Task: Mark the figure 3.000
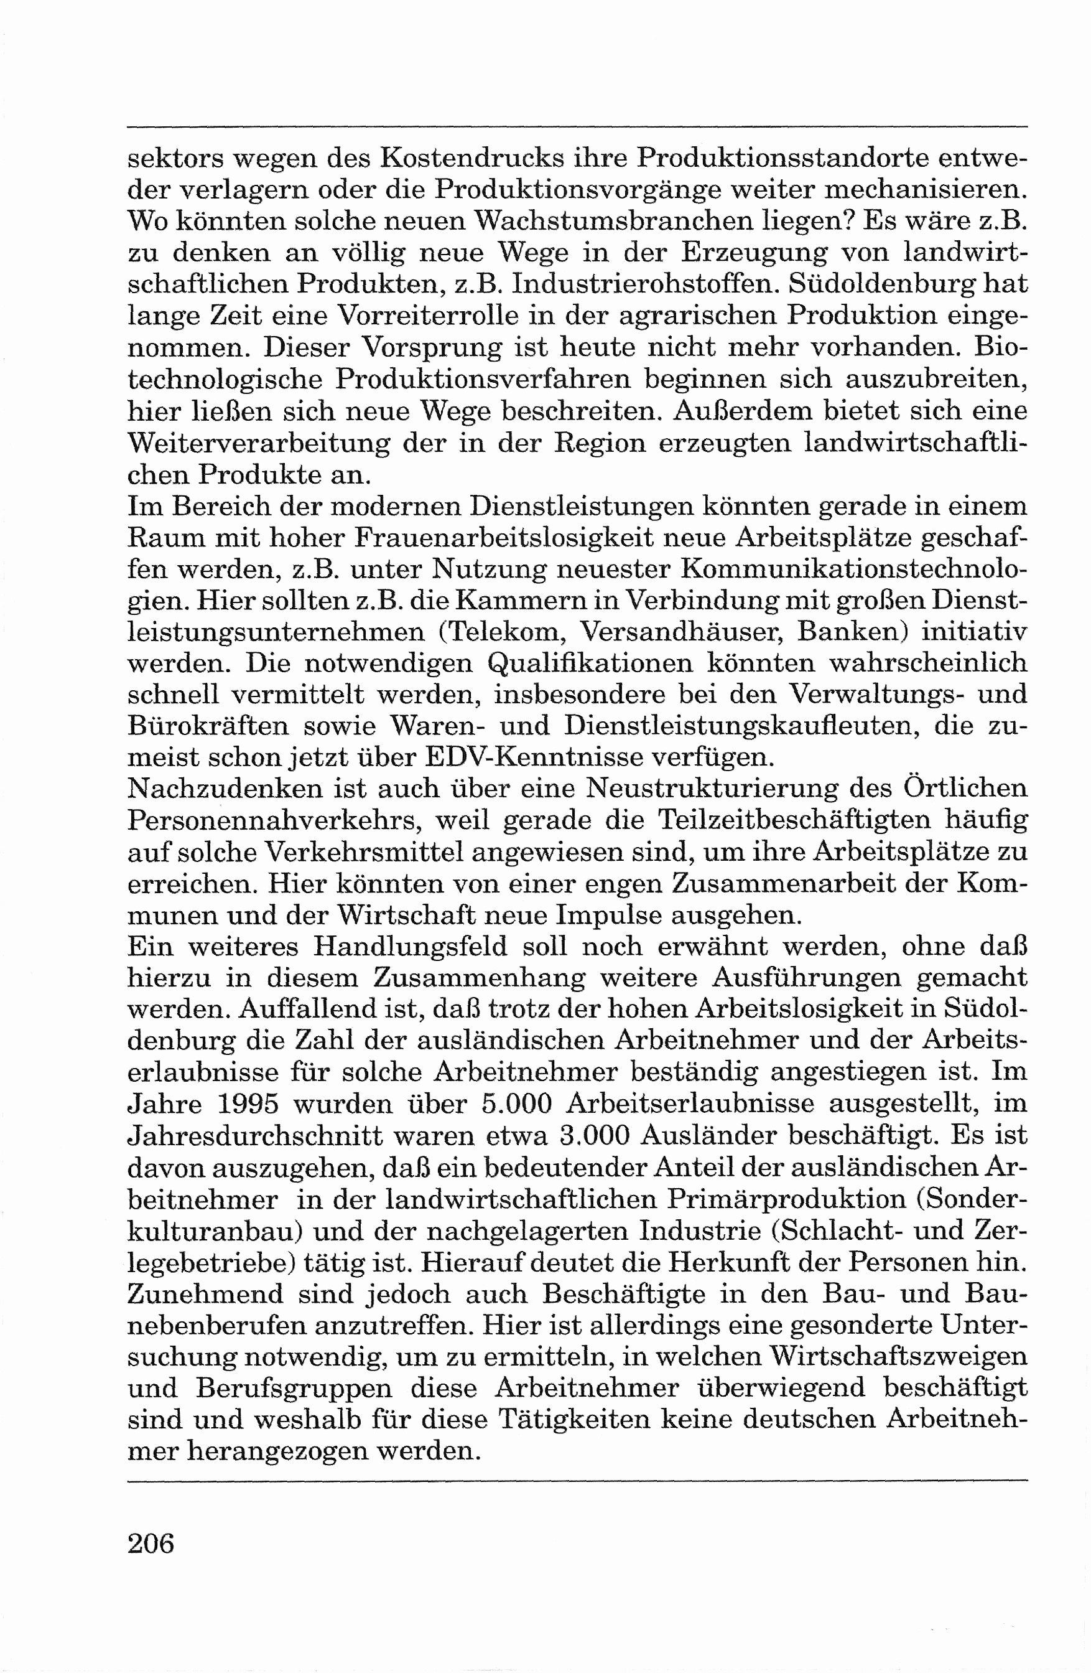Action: point(593,1136)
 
